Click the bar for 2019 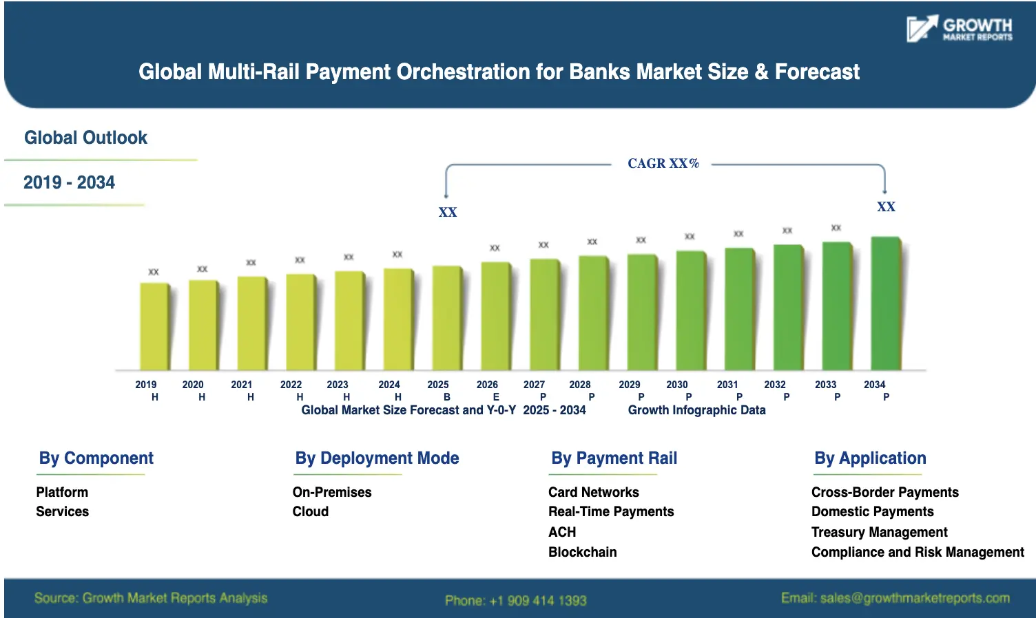click(x=154, y=326)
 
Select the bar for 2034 click(x=886, y=303)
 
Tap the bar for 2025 click(x=446, y=318)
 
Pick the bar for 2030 click(x=690, y=310)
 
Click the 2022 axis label click(x=291, y=385)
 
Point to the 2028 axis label click(x=579, y=385)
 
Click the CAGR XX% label click(x=663, y=164)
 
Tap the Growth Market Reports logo click(x=959, y=29)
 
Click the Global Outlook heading click(x=85, y=138)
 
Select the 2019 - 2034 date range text click(x=69, y=182)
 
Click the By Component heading click(x=96, y=458)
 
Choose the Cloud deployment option click(x=310, y=511)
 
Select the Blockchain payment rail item click(x=582, y=552)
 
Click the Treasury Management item click(x=879, y=532)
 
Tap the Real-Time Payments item click(x=610, y=511)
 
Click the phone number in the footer click(x=515, y=600)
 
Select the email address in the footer click(x=895, y=598)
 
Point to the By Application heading click(x=869, y=458)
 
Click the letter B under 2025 click(x=446, y=397)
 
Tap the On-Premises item click(x=331, y=492)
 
